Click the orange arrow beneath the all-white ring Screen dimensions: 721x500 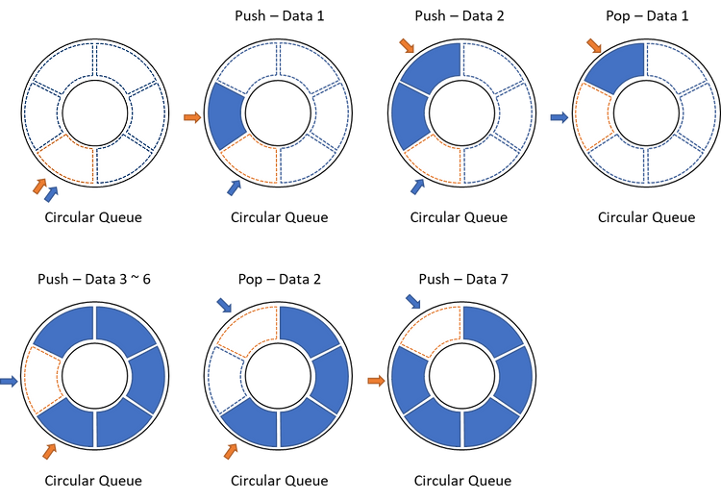(39, 185)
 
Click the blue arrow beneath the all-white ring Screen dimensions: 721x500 (51, 193)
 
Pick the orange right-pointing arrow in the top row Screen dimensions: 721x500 (192, 117)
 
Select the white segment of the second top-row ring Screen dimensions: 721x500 (250, 157)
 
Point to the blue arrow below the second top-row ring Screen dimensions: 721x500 (232, 187)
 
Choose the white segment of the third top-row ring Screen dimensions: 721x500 (434, 157)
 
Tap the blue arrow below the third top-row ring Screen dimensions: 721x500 (416, 187)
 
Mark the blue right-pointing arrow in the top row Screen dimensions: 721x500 (559, 117)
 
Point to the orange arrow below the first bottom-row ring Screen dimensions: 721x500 (49, 450)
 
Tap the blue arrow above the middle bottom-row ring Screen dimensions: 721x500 (223, 305)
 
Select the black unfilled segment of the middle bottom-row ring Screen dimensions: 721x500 (225, 377)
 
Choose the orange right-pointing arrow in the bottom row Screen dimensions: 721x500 (376, 380)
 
